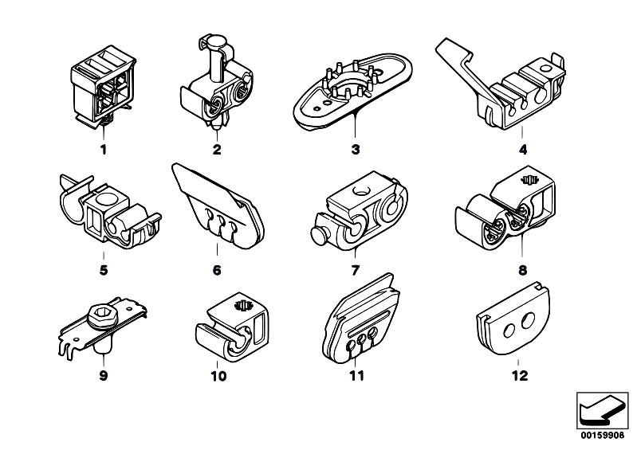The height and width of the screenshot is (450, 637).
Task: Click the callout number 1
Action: coord(103,149)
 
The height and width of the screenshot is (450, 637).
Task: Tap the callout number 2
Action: coord(216,149)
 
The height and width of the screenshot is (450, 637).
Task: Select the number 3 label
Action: coord(356,149)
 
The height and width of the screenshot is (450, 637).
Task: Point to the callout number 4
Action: coord(522,149)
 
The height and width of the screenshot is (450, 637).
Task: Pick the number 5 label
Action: coord(103,270)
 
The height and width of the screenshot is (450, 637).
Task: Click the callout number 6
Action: coord(216,270)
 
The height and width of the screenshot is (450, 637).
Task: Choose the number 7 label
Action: coord(356,270)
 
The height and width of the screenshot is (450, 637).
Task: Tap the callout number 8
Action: coord(522,270)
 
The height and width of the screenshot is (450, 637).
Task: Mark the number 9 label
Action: coord(103,375)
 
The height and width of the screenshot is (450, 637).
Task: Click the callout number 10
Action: coord(218,375)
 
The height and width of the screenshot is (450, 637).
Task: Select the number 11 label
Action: coord(356,375)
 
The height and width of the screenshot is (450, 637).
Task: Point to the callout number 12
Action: coord(519,375)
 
